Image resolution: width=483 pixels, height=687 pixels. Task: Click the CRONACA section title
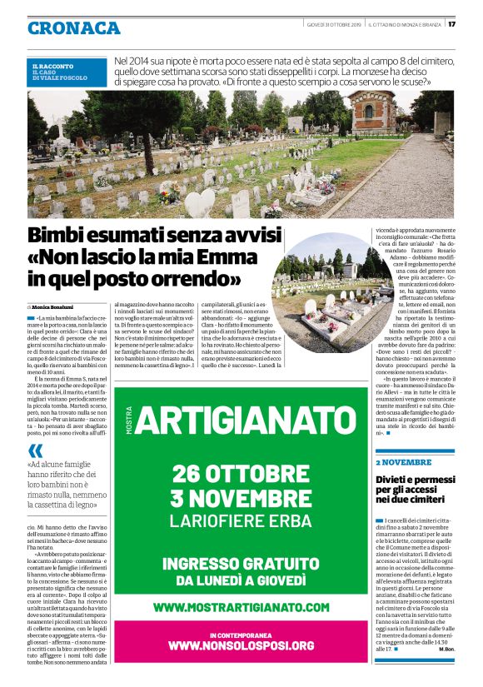click(x=73, y=28)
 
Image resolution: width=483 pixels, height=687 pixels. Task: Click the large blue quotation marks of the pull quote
click(x=36, y=451)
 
